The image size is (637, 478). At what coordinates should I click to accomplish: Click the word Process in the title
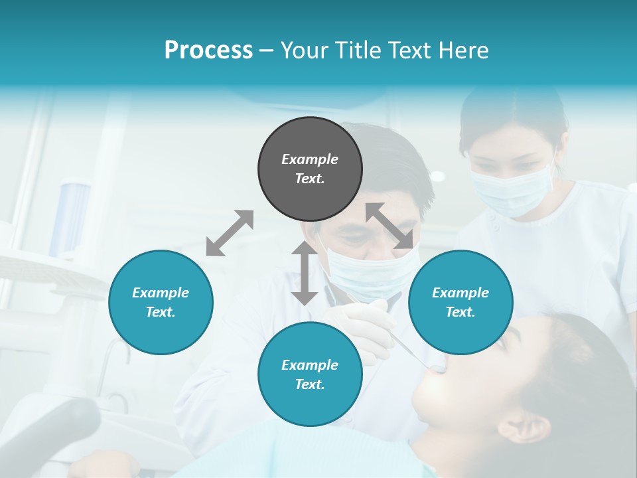pos(208,50)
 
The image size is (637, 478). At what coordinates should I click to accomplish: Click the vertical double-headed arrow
pos(305,273)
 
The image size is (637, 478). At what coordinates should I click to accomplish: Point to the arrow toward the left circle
pos(230,233)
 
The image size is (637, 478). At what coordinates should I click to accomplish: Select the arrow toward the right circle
pos(390,226)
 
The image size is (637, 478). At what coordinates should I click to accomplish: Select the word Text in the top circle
pos(309,179)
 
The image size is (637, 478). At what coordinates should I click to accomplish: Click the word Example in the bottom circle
pos(310,364)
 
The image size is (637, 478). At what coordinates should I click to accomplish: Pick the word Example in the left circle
pos(161,292)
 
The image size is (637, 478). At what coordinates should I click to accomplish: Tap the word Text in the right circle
pos(460,312)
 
